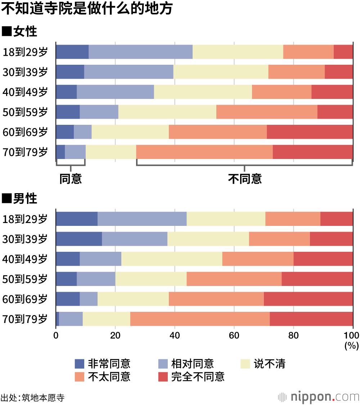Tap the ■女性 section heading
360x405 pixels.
[20, 32]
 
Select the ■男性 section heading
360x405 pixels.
[20, 199]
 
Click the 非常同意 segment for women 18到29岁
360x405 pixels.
[72, 52]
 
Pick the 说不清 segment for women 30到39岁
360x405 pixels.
[221, 72]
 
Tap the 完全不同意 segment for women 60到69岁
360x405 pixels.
[310, 132]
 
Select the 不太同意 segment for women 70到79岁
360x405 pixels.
[204, 152]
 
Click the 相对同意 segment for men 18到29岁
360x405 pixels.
[142, 219]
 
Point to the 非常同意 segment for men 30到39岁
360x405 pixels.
[79, 239]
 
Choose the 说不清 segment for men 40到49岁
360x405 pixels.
[172, 259]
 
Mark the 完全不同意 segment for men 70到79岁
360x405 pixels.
[311, 319]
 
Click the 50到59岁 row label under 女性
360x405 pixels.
[25, 112]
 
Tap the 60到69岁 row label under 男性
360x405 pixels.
[25, 299]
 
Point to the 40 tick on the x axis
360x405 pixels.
[175, 335]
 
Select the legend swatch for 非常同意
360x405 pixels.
[80, 364]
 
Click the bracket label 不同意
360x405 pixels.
[245, 179]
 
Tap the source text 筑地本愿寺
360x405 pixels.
[43, 398]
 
